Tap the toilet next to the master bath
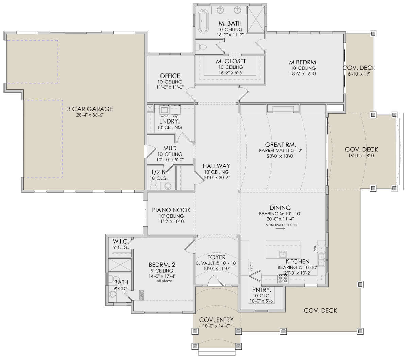(202, 47)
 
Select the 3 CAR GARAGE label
(90, 109)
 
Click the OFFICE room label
(170, 76)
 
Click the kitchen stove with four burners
(283, 279)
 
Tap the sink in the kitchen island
(283, 255)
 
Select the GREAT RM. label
(280, 145)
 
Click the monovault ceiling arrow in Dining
(280, 229)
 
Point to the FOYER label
(216, 257)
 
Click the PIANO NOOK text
(171, 210)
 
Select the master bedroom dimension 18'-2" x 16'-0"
(303, 73)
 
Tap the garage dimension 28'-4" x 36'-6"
(90, 115)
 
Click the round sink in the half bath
(168, 186)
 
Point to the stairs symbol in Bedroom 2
(142, 295)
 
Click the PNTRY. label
(262, 290)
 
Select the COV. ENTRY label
(216, 320)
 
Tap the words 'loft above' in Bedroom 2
(164, 281)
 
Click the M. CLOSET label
(231, 61)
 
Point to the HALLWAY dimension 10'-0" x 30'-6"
(217, 178)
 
